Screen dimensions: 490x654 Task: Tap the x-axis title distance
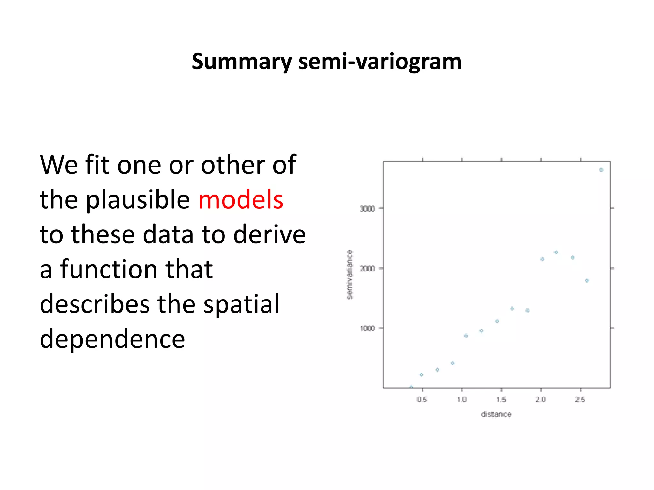click(x=496, y=414)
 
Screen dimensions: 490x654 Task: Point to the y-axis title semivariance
click(x=350, y=274)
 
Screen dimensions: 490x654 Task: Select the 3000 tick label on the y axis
click(x=367, y=209)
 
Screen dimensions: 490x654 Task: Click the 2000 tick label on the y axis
click(x=367, y=269)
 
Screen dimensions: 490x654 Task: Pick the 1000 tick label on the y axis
click(x=367, y=329)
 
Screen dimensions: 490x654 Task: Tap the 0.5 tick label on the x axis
click(x=422, y=399)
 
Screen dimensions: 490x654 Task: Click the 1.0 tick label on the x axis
click(x=462, y=399)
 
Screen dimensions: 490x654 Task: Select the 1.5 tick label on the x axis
click(x=501, y=399)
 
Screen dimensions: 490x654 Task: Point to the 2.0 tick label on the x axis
click(x=541, y=399)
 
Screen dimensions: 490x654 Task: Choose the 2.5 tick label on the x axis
click(x=580, y=399)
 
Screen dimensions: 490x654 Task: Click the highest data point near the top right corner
click(x=601, y=170)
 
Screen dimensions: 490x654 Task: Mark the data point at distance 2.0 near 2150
click(x=542, y=259)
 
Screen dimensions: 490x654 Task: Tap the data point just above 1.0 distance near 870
click(x=466, y=336)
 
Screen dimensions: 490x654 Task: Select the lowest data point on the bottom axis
click(x=411, y=387)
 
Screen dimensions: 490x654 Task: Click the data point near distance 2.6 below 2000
click(x=587, y=281)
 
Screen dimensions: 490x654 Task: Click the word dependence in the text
click(x=112, y=339)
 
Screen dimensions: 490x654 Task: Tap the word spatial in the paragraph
click(x=241, y=304)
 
